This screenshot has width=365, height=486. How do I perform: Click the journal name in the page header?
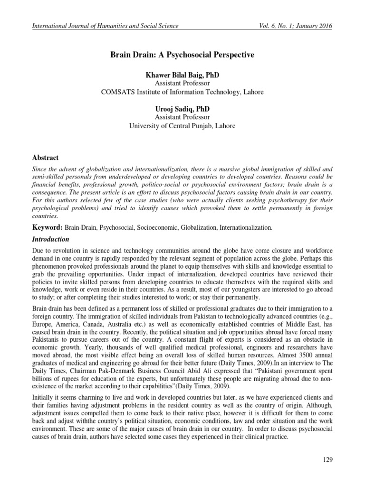[105, 26]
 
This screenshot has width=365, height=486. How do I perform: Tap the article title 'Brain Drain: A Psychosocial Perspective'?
[182, 55]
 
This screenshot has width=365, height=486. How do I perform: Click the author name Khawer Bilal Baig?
[182, 76]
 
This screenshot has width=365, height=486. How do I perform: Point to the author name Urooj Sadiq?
[182, 109]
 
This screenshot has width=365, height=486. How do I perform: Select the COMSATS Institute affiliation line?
[182, 92]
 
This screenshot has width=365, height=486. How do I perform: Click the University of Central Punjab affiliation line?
[182, 126]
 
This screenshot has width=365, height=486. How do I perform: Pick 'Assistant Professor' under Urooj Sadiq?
[182, 117]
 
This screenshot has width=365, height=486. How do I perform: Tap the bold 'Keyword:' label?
[47, 228]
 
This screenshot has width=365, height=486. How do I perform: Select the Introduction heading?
[50, 239]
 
